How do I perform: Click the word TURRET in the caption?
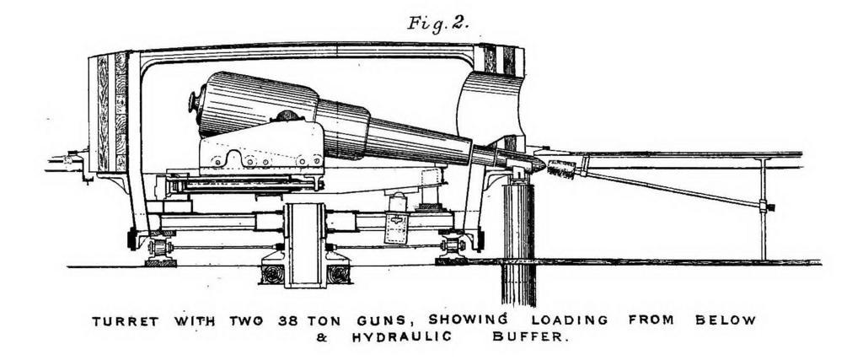[125, 321]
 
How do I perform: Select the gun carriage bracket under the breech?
[261, 148]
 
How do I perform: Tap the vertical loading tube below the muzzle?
[518, 244]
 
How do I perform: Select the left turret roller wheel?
[158, 246]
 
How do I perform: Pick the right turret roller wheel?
[453, 245]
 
